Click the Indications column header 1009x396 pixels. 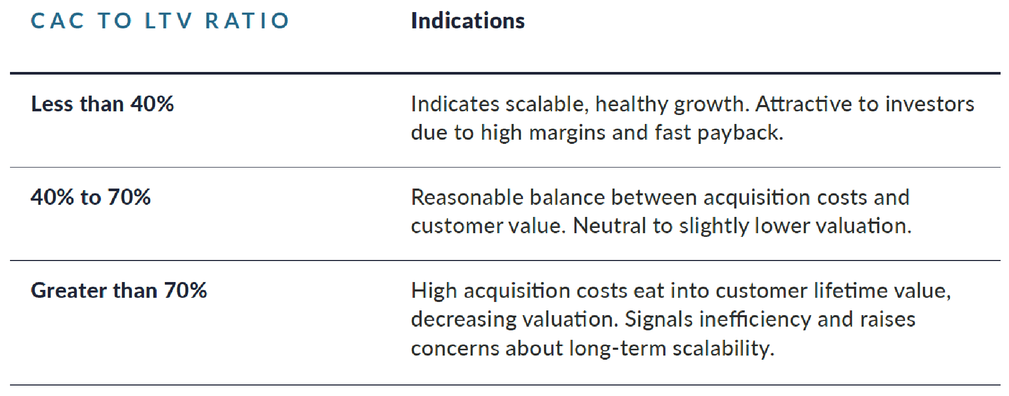(x=468, y=21)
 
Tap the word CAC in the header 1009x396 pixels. (x=57, y=21)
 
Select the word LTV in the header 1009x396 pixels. (x=168, y=21)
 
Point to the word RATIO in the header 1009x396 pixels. (x=247, y=21)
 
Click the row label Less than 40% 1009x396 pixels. (x=102, y=104)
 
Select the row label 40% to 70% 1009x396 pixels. (x=91, y=197)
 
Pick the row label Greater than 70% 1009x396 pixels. (x=119, y=290)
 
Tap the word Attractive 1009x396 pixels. (x=804, y=104)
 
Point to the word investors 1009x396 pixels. (x=930, y=104)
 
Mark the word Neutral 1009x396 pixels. (x=609, y=226)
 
